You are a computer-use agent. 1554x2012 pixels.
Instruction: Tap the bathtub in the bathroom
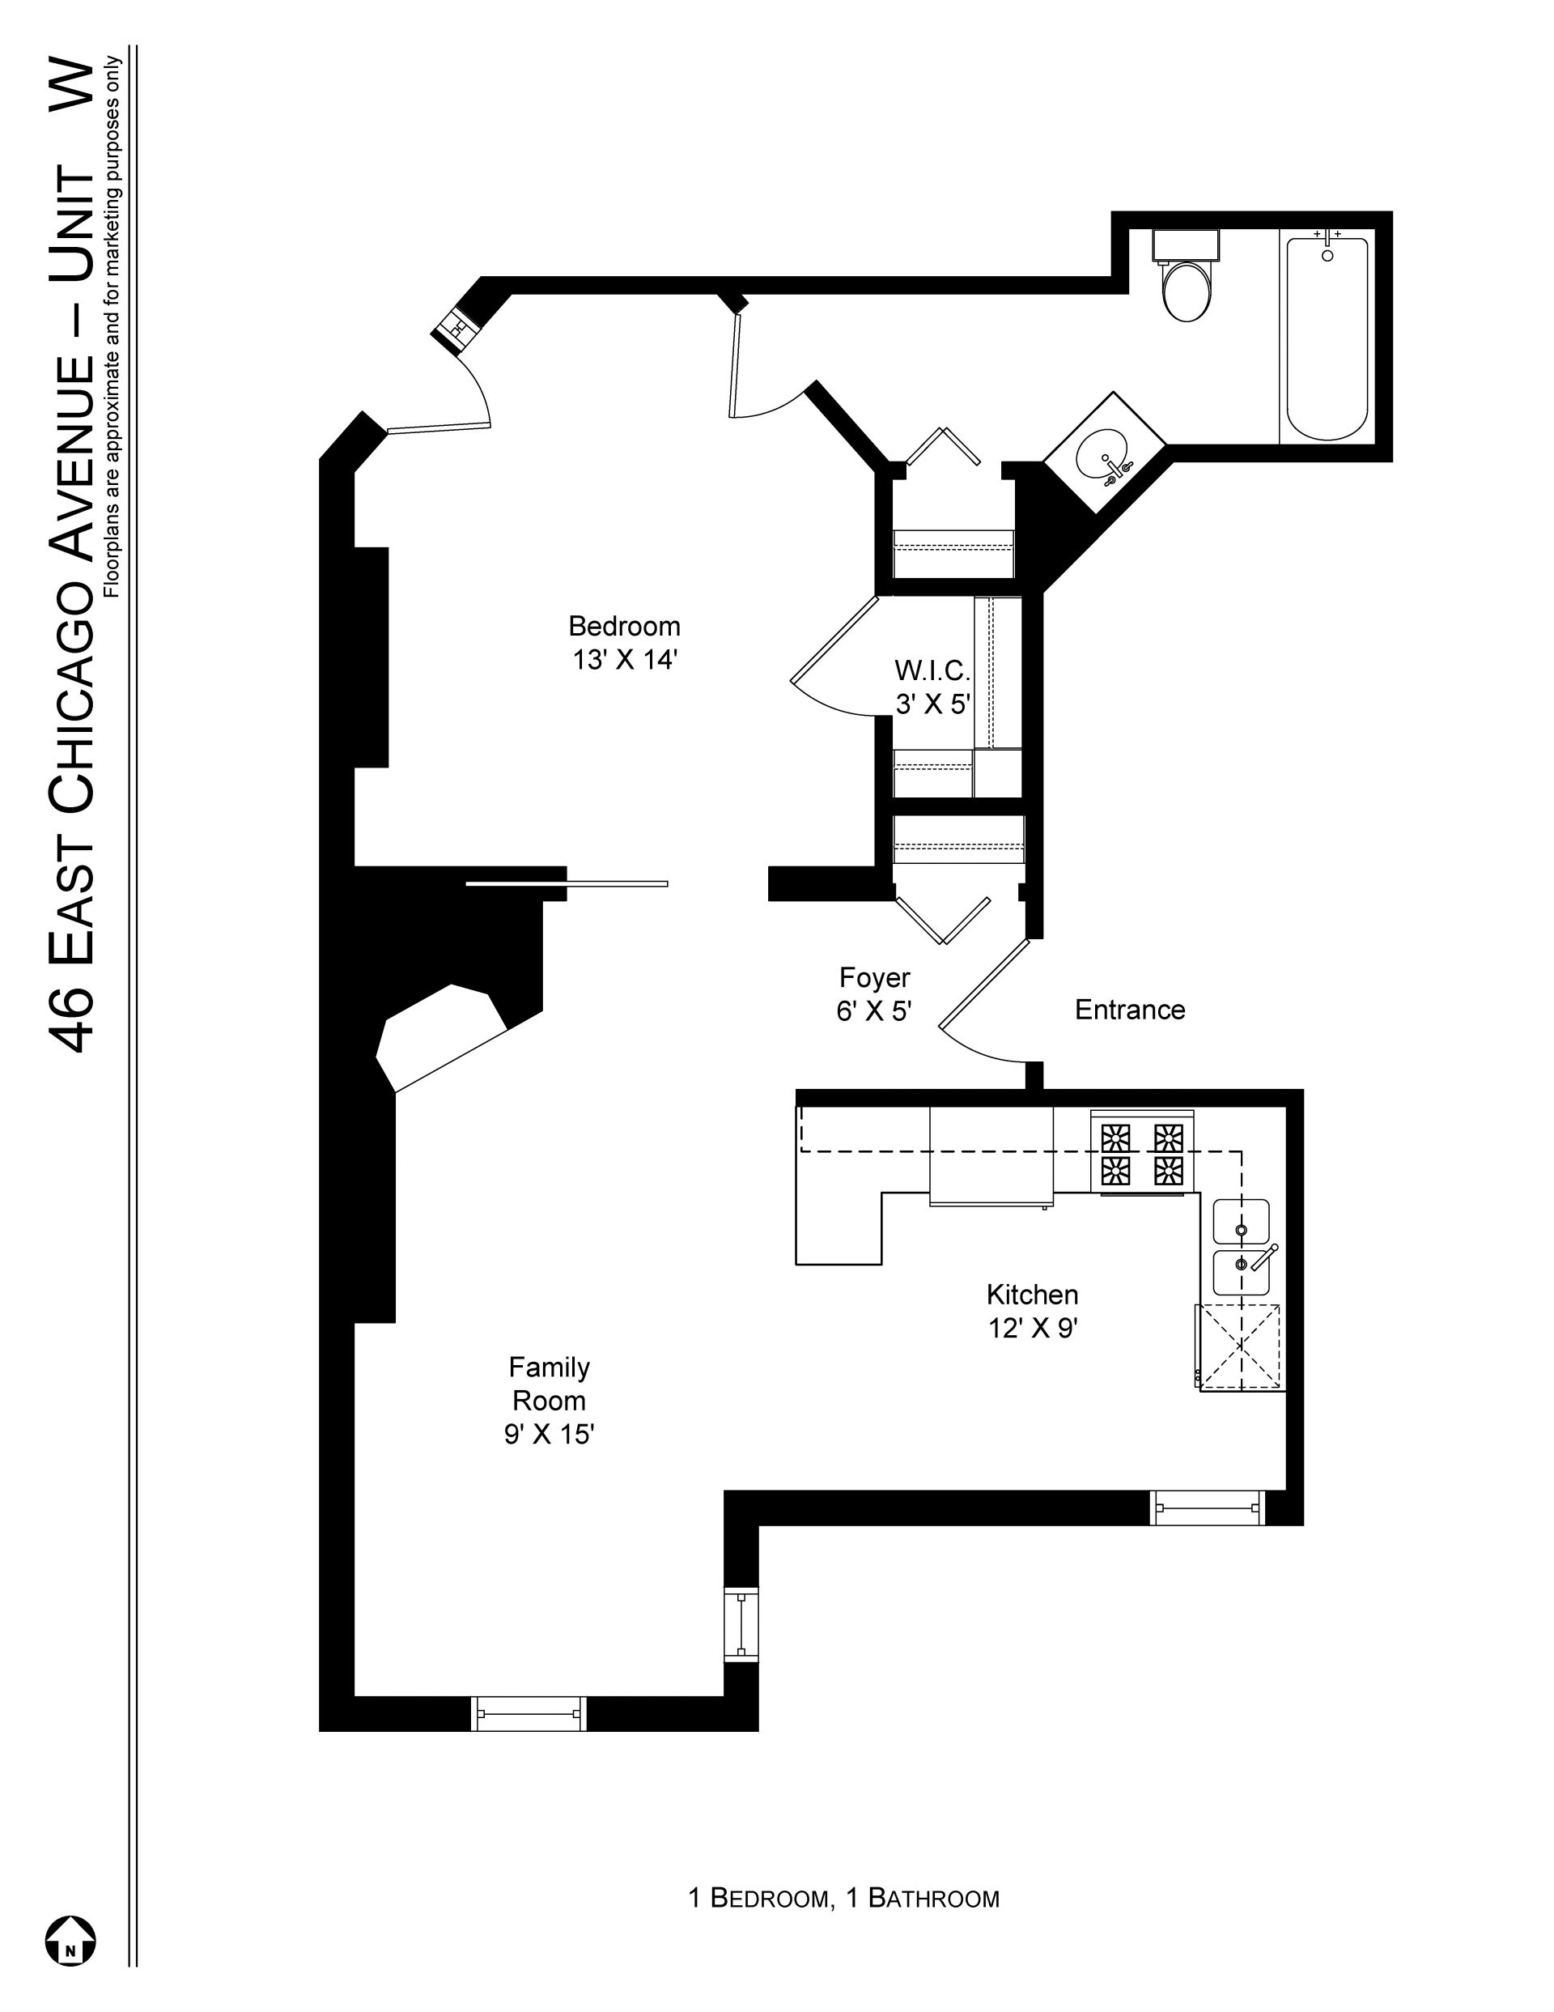[x=1327, y=338]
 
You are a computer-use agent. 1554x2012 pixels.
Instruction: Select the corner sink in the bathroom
[x=1105, y=453]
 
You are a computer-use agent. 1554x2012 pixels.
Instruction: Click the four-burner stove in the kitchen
[x=1142, y=1154]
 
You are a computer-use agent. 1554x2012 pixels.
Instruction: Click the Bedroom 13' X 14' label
[x=625, y=643]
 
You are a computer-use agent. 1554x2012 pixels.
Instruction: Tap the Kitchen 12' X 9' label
[x=1033, y=1311]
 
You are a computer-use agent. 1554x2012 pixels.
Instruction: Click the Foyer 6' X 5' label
[x=874, y=994]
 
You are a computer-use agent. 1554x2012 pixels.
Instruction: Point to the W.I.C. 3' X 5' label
[x=933, y=687]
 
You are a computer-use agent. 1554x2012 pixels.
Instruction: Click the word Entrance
[x=1129, y=1010]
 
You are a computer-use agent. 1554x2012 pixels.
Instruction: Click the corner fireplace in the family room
[x=442, y=1037]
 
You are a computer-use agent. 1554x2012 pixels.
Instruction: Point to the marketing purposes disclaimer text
[x=113, y=326]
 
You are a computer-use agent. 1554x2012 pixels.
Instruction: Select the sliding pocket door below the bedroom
[x=567, y=884]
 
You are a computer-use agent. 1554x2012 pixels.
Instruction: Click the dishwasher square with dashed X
[x=1241, y=1346]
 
